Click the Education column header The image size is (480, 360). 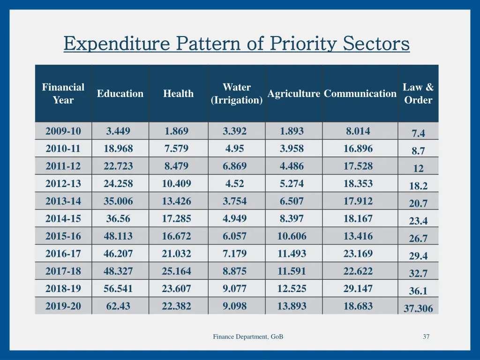click(120, 94)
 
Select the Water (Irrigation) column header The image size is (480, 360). click(236, 94)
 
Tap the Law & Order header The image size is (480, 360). click(418, 94)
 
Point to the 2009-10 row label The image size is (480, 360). click(63, 131)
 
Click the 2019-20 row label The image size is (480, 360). click(63, 307)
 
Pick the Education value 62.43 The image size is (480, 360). click(118, 307)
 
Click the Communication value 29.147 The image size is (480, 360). click(358, 289)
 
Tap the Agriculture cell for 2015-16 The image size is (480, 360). click(292, 236)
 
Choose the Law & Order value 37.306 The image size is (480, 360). click(418, 308)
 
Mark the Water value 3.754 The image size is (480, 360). click(234, 201)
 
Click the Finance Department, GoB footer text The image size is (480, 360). click(248, 337)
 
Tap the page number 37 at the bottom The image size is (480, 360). click(426, 337)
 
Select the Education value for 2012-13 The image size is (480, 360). click(118, 184)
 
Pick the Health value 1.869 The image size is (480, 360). click(176, 131)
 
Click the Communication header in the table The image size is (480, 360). click(360, 94)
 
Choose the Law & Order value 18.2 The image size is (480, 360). click(418, 186)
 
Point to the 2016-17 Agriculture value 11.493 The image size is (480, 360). click(292, 254)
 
